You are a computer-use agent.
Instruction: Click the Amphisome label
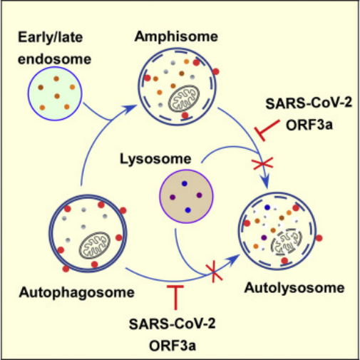tap(176, 37)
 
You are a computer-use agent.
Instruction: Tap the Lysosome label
tap(155, 159)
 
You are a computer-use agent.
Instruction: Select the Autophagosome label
tap(77, 292)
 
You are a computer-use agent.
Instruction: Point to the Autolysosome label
tap(294, 288)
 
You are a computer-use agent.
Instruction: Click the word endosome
tap(55, 59)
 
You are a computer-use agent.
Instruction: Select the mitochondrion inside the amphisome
tap(184, 98)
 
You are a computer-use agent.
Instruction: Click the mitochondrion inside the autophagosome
tap(94, 245)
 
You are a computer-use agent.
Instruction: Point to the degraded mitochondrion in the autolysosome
tap(287, 242)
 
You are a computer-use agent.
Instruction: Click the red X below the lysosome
tap(214, 272)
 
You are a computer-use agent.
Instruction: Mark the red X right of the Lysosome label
tap(262, 163)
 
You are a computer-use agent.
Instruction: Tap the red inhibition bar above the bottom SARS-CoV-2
tap(175, 297)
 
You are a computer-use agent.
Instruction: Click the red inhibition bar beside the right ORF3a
tap(267, 130)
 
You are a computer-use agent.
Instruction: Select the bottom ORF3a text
tap(173, 346)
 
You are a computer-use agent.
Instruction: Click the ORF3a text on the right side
tap(309, 125)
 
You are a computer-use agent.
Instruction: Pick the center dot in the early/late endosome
tap(57, 96)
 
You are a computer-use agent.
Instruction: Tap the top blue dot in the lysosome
tap(185, 183)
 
